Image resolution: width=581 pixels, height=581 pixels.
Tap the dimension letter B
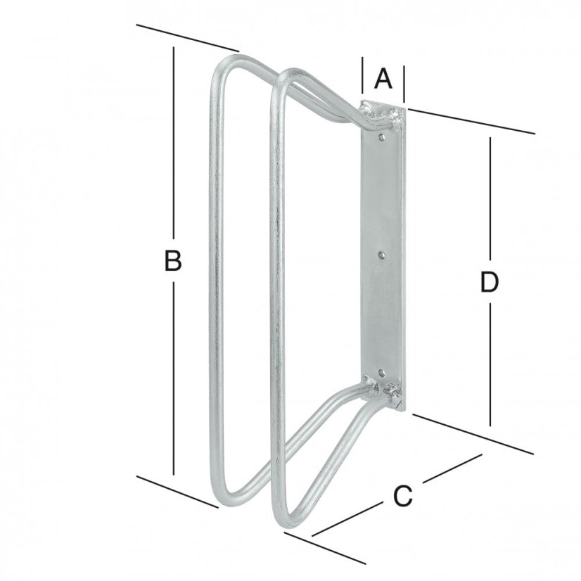point(173,261)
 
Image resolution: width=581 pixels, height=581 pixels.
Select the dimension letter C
point(401,497)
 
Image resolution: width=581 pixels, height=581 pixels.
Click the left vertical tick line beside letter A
point(362,78)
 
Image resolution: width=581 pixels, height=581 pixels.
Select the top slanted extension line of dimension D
point(471,120)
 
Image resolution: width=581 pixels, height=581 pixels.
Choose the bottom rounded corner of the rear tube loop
point(224,496)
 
